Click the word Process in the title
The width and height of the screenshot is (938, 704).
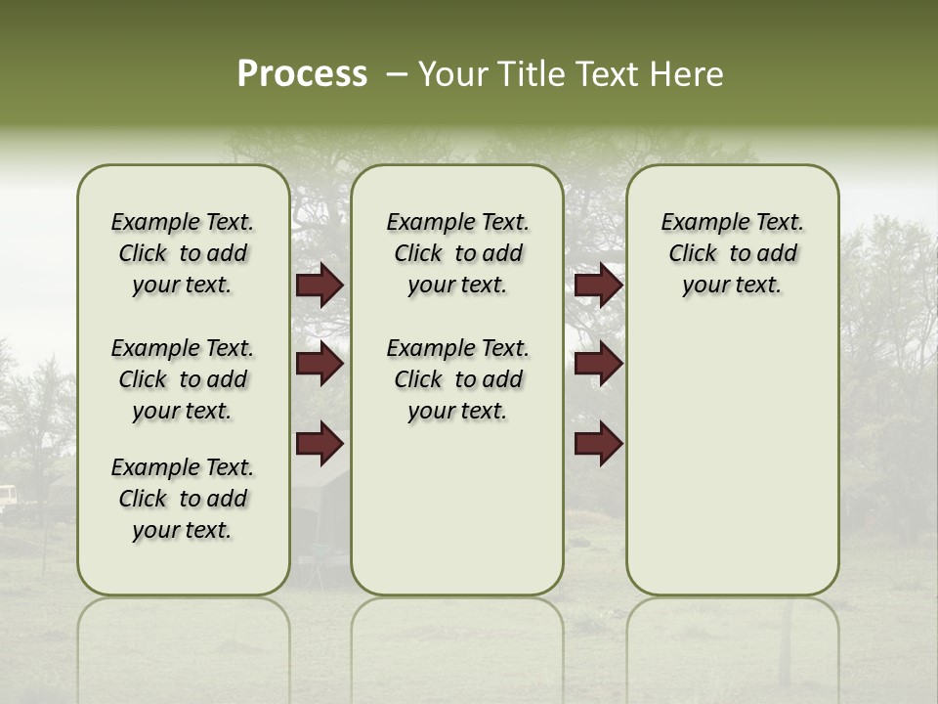(x=302, y=74)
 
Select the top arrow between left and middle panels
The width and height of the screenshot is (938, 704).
(x=320, y=286)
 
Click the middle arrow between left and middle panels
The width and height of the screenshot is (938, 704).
(x=320, y=365)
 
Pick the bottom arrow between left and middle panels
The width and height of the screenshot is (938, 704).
(x=320, y=443)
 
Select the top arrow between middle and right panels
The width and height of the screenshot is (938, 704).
(x=598, y=286)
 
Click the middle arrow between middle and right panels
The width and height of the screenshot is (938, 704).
(x=598, y=365)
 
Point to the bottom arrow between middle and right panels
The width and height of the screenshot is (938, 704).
(x=598, y=443)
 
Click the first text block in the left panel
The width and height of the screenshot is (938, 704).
(x=183, y=253)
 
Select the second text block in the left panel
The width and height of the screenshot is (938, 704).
(x=183, y=379)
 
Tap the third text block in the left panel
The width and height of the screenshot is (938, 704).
(x=183, y=499)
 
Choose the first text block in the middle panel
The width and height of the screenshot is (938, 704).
(x=457, y=253)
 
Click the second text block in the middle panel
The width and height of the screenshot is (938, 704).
(x=457, y=379)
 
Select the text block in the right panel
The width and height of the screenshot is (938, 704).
(x=732, y=253)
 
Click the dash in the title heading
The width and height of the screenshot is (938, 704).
(x=396, y=74)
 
